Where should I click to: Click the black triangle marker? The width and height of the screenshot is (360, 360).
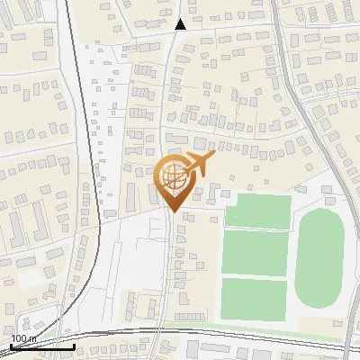point(181,24)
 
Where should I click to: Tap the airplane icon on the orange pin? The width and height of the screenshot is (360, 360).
point(196,165)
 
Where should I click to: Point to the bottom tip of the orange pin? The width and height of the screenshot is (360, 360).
point(173,211)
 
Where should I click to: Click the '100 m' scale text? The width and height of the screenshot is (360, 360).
point(23,338)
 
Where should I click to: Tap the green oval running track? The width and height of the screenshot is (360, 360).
point(319,258)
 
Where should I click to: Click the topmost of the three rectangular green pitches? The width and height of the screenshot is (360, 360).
point(258,211)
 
